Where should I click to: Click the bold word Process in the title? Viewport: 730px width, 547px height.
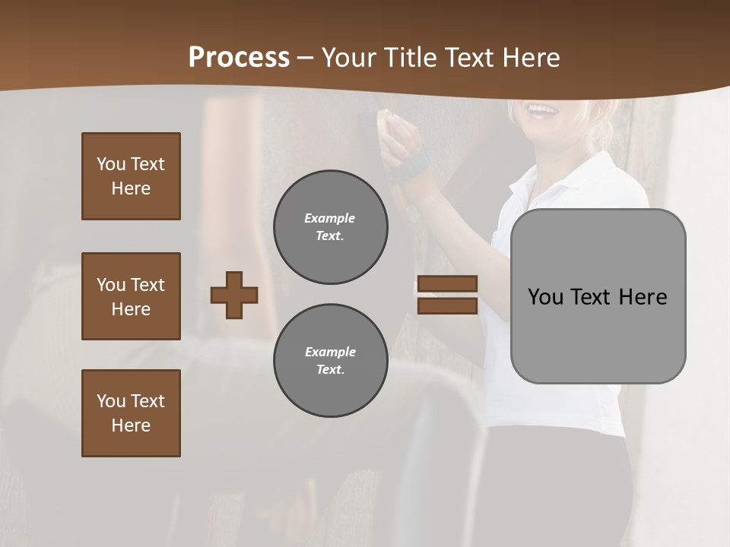239,58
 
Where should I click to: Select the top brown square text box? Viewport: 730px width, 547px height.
131,176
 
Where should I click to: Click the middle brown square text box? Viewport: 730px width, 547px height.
131,296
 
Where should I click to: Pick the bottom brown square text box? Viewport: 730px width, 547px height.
131,413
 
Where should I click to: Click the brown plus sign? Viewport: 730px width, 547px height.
234,295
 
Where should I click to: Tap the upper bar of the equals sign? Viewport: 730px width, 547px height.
447,283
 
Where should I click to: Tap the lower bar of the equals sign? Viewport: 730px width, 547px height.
447,305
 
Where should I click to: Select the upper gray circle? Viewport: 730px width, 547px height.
330,227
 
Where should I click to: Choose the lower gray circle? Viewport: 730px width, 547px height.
330,361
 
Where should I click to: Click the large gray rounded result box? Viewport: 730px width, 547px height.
598,296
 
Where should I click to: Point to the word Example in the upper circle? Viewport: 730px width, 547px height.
330,218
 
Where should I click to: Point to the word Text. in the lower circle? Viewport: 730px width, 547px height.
330,369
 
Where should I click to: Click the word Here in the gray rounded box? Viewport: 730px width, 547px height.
643,296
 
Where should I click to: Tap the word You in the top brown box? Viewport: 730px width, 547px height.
111,164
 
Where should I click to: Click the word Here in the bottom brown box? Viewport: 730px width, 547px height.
131,425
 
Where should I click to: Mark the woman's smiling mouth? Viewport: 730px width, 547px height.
543,110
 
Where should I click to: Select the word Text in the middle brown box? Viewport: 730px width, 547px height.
148,285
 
